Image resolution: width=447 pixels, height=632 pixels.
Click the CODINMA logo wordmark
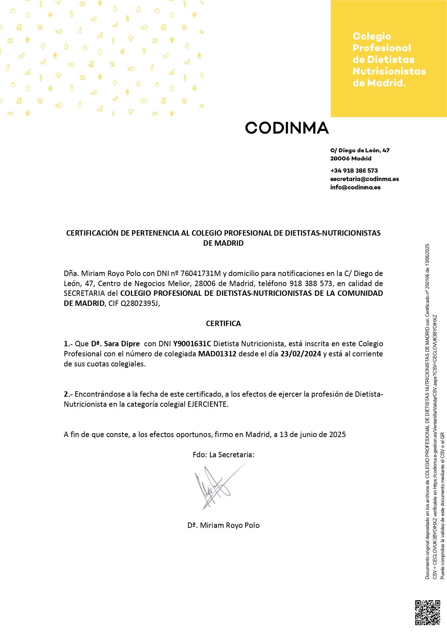pyautogui.click(x=287, y=128)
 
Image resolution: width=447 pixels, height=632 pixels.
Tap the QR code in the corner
pyautogui.click(x=428, y=612)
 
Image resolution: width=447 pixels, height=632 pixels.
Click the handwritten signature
pyautogui.click(x=216, y=486)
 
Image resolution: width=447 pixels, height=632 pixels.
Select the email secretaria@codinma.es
pyautogui.click(x=365, y=179)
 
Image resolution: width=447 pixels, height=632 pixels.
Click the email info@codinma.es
pyautogui.click(x=355, y=187)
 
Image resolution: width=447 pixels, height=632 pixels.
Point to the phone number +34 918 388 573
pyautogui.click(x=354, y=171)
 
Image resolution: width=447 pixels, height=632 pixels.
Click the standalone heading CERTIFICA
pyautogui.click(x=223, y=324)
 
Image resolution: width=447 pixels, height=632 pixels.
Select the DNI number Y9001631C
pyautogui.click(x=192, y=344)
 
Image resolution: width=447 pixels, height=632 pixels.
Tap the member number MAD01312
pyautogui.click(x=217, y=354)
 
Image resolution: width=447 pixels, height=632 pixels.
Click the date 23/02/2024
pyautogui.click(x=301, y=354)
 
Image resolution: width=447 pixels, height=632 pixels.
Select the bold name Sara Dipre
pyautogui.click(x=122, y=344)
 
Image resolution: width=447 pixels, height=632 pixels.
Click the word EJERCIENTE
pyautogui.click(x=207, y=404)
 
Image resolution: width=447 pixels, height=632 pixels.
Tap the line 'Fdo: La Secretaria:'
pyautogui.click(x=223, y=455)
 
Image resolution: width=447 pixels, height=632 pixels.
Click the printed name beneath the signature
pyautogui.click(x=223, y=525)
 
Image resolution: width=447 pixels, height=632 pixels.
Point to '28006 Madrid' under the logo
pyautogui.click(x=351, y=159)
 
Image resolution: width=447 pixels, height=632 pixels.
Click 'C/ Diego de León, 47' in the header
pyautogui.click(x=360, y=151)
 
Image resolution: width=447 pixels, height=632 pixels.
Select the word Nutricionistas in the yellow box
pyautogui.click(x=389, y=71)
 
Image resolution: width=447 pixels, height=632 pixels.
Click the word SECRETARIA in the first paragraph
pyautogui.click(x=84, y=293)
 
